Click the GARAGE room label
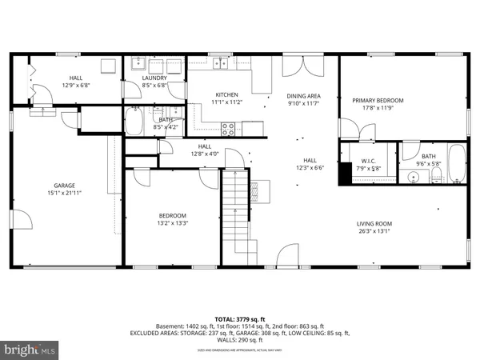(54, 185)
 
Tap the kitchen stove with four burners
(228, 126)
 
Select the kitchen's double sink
(219, 64)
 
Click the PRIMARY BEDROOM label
(378, 100)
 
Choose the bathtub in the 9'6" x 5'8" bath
(456, 163)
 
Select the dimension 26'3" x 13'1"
(374, 232)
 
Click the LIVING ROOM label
(374, 223)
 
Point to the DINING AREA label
(303, 94)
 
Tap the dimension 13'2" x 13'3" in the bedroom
(171, 224)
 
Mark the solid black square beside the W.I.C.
(345, 172)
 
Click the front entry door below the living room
(286, 258)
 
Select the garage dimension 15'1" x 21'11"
(54, 193)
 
